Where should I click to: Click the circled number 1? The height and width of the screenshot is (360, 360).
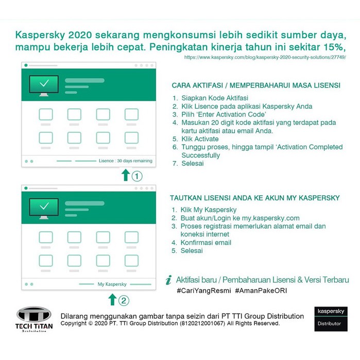pos(136,176)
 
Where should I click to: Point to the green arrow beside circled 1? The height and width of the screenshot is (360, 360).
pos(125,176)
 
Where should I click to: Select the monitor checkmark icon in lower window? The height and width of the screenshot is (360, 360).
pos(44,207)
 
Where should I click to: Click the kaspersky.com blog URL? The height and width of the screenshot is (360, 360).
pos(265,58)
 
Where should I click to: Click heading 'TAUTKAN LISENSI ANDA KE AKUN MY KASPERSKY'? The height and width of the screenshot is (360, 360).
pos(255,198)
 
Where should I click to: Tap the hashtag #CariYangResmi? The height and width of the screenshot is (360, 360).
pos(203,291)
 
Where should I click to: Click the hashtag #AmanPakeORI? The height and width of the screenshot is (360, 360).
pos(260,291)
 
